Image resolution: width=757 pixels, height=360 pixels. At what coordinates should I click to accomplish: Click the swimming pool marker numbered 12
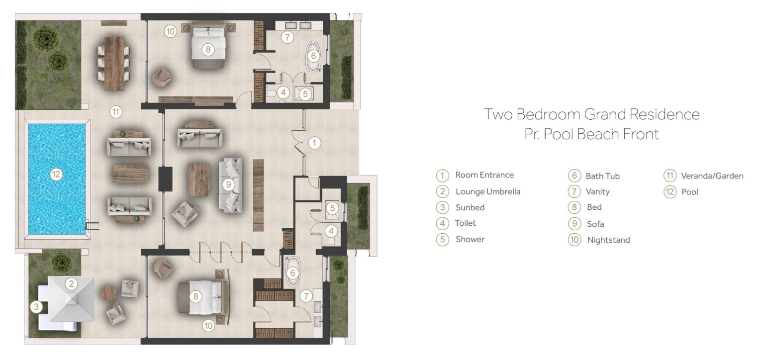pyautogui.click(x=56, y=175)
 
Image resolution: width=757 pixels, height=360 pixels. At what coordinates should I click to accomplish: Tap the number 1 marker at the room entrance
pyautogui.click(x=314, y=143)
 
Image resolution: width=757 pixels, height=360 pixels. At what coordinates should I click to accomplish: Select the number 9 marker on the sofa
pyautogui.click(x=228, y=185)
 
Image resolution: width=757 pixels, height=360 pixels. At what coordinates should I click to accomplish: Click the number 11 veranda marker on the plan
pyautogui.click(x=116, y=112)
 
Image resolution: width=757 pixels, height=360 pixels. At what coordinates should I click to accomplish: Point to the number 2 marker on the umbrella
pyautogui.click(x=71, y=284)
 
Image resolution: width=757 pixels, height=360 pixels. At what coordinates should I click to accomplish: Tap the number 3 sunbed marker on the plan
pyautogui.click(x=36, y=307)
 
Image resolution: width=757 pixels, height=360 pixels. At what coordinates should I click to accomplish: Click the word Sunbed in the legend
pyautogui.click(x=470, y=207)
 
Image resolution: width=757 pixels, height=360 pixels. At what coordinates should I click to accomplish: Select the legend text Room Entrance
pyautogui.click(x=484, y=175)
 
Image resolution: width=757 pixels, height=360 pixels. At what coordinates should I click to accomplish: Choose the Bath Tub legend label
pyautogui.click(x=602, y=176)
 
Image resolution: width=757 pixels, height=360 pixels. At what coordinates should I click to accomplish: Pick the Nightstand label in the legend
pyautogui.click(x=609, y=240)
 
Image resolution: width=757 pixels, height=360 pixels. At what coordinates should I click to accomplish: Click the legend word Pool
pyautogui.click(x=690, y=192)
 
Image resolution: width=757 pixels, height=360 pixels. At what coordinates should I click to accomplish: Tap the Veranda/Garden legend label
pyautogui.click(x=712, y=176)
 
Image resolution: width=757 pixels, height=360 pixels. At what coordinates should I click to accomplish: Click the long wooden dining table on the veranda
pyautogui.click(x=114, y=63)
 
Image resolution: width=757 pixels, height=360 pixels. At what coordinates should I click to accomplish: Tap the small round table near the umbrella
pyautogui.click(x=108, y=293)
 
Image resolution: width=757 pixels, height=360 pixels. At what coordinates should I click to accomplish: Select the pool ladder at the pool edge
pyautogui.click(x=92, y=225)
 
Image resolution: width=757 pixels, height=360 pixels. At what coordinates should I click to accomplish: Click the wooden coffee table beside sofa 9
pyautogui.click(x=199, y=180)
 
